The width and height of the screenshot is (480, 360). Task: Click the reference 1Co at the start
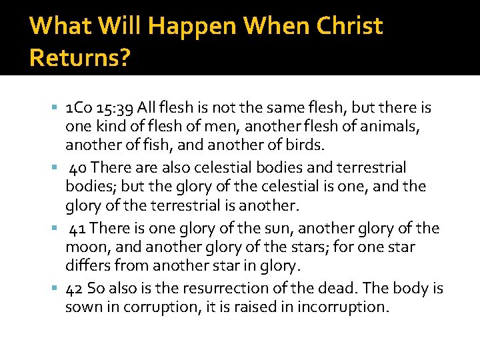79,107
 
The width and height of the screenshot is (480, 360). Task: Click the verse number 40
78,167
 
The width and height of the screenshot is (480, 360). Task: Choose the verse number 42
75,289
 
